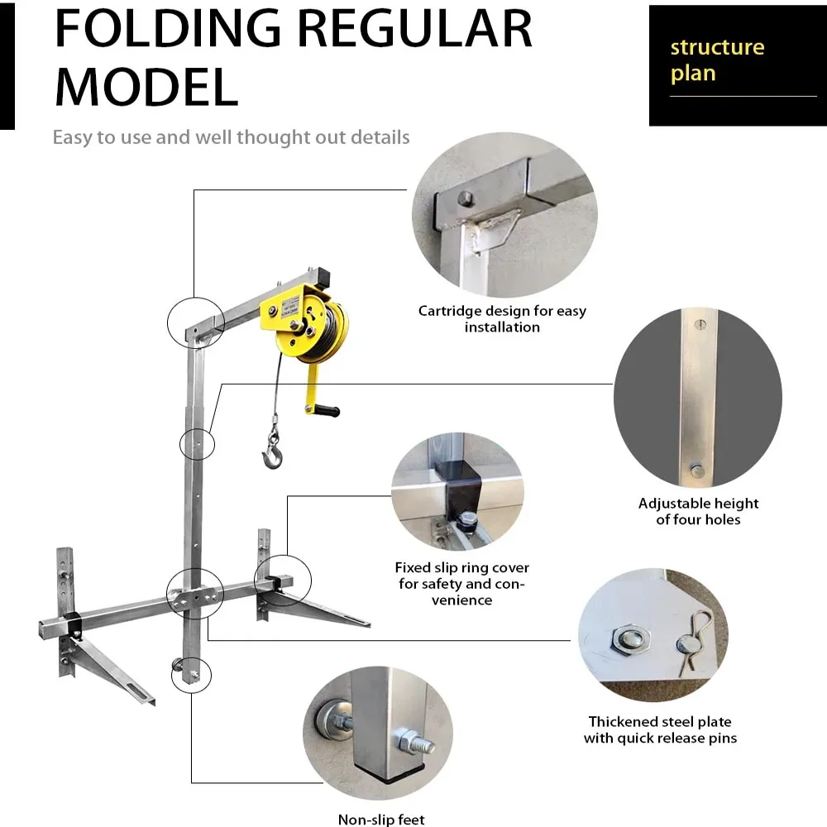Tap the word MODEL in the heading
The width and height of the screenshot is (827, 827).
coord(146,86)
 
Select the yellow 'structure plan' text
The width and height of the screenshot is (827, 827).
coord(717,60)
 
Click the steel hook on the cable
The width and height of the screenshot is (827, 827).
coord(271,452)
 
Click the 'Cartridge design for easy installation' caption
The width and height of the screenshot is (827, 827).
coord(502,319)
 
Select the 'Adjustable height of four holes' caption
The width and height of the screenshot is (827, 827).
coord(698,511)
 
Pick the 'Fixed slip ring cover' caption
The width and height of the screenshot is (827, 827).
coord(461,584)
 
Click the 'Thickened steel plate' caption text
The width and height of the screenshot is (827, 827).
coord(660,729)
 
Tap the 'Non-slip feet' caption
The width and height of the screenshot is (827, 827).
coord(381,820)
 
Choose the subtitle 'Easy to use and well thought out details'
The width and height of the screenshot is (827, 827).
coord(231,137)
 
